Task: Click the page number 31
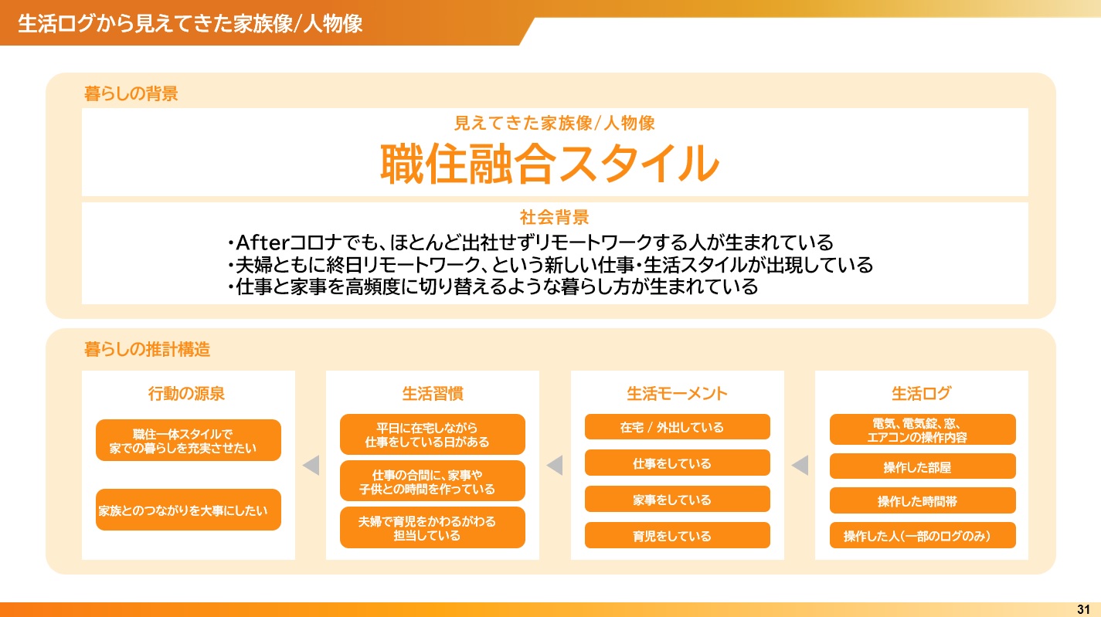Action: [x=1083, y=609]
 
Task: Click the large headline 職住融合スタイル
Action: [x=550, y=164]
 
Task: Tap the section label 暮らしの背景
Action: [x=131, y=93]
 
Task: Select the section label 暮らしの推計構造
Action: [x=147, y=349]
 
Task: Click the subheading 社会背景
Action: [x=555, y=217]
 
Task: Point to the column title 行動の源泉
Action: [x=186, y=394]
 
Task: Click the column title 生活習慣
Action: [x=433, y=394]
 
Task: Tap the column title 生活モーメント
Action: [x=677, y=394]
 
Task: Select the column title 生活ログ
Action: [x=922, y=394]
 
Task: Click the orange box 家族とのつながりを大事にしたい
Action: [x=189, y=510]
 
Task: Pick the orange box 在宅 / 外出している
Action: [x=678, y=427]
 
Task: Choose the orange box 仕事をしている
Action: [x=678, y=463]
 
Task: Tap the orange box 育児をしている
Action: [x=678, y=535]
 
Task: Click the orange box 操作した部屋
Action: [x=923, y=466]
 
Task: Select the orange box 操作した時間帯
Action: [x=923, y=500]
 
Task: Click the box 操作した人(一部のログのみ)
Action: [x=923, y=535]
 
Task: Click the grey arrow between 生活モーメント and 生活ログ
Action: [x=800, y=465]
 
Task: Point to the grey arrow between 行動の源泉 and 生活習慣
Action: [x=311, y=465]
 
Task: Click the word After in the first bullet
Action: [x=263, y=242]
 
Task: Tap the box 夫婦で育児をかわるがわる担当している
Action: [x=433, y=527]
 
